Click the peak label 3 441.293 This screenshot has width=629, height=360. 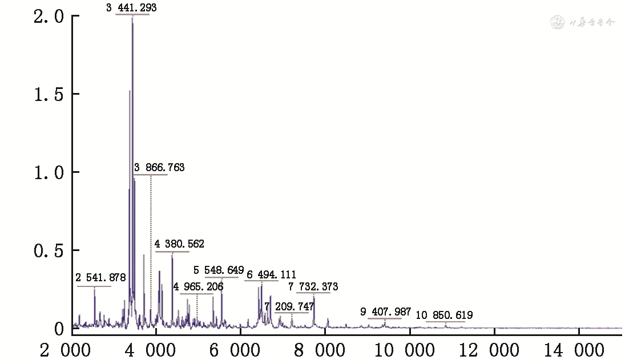click(x=132, y=7)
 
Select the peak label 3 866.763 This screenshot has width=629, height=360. click(x=159, y=168)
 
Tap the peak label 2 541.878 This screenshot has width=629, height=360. click(x=100, y=278)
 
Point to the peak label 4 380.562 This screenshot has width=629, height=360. click(x=179, y=244)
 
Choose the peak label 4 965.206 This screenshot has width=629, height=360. click(x=199, y=286)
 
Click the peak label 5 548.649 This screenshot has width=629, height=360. click(x=219, y=270)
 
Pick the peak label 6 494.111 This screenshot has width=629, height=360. click(x=271, y=275)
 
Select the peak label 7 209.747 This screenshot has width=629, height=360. click(x=289, y=307)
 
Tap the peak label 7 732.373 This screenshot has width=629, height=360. click(x=313, y=287)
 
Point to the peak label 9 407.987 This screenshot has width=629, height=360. click(x=386, y=312)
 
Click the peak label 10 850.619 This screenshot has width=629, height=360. click(x=444, y=315)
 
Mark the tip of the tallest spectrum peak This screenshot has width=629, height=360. click(x=132, y=18)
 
